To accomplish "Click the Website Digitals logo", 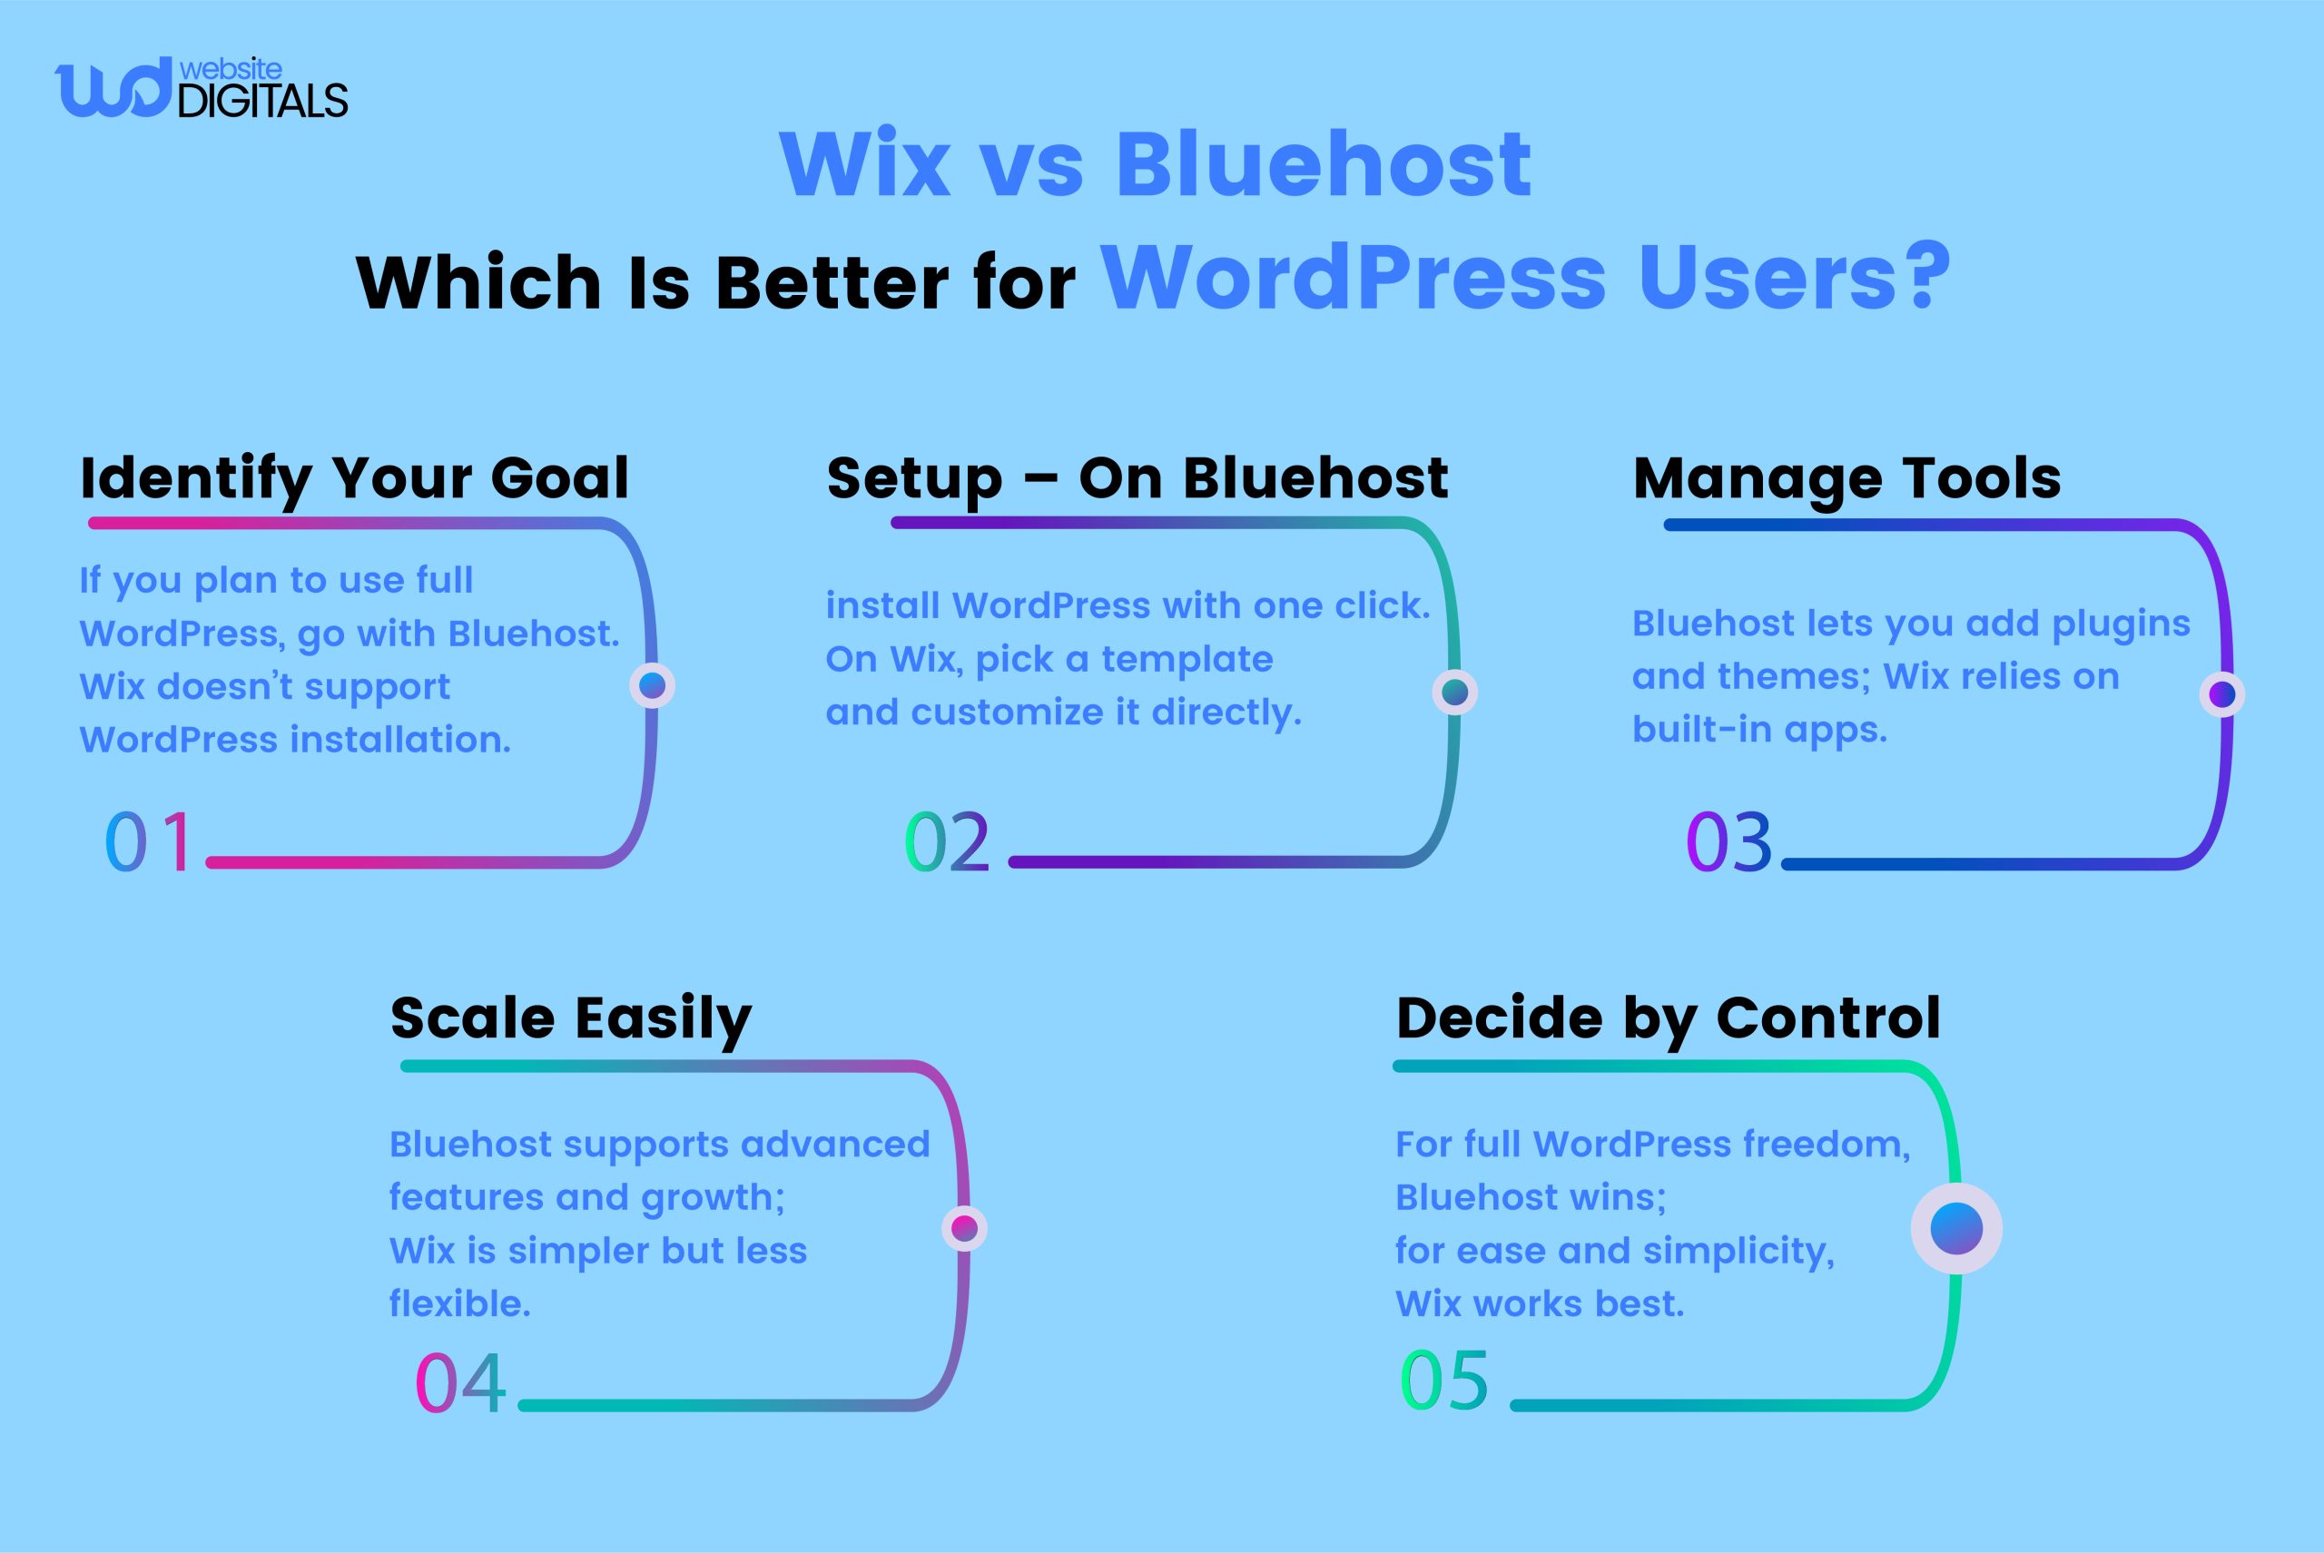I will pos(202,88).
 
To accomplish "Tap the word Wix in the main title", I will pos(865,163).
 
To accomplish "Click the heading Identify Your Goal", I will pos(355,478).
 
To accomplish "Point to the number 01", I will pos(150,842).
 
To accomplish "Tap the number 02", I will pos(947,842).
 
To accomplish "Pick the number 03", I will pos(1728,842).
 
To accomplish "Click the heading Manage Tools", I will pos(1846,478).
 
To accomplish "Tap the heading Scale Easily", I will pos(571,1018).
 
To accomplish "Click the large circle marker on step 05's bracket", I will pos(1955,1228).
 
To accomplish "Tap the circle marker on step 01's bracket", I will pos(652,685).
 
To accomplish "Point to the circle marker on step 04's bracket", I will pos(964,1229).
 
